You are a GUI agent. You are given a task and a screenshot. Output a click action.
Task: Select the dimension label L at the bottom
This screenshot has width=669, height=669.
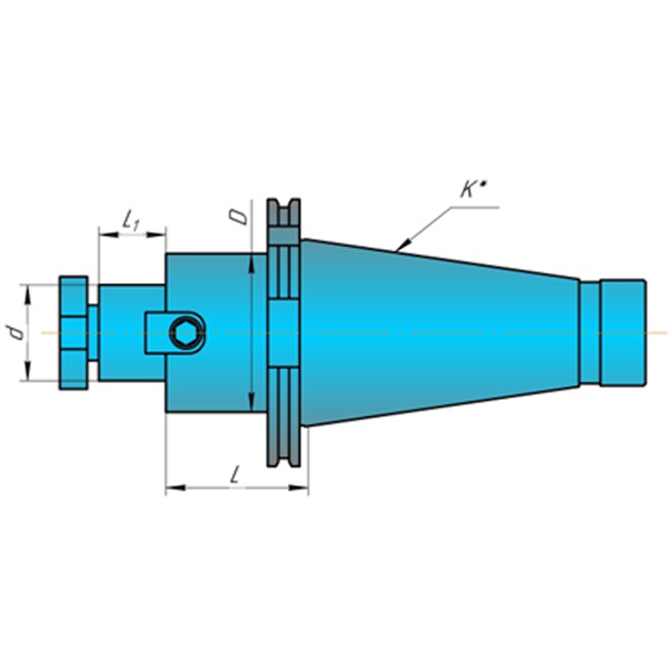coord(234,474)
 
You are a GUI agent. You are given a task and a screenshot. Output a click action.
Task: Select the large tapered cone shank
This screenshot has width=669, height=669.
coord(439,333)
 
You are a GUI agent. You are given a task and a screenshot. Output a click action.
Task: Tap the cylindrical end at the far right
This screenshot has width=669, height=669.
coord(623,333)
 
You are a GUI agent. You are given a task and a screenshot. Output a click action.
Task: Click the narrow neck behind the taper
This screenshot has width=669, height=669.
coord(590,333)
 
